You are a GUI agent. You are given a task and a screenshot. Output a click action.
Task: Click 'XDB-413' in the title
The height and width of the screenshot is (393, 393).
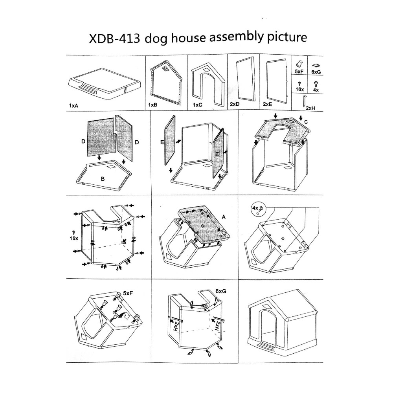tap(114, 39)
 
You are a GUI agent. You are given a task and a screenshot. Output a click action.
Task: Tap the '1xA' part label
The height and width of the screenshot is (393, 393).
tap(74, 106)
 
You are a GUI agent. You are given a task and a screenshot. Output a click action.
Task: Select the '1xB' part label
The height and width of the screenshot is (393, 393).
tap(152, 105)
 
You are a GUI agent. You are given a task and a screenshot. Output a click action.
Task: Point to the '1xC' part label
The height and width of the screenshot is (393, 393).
tap(198, 105)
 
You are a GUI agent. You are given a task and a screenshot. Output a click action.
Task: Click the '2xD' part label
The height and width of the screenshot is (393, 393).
tap(235, 104)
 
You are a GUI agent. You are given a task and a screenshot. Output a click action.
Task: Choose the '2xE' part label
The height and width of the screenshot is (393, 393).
tap(267, 104)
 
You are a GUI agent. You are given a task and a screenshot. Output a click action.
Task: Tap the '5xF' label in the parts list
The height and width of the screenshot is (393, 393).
tap(299, 72)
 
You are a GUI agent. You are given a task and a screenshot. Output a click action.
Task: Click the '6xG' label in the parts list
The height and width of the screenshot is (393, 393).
tap(316, 72)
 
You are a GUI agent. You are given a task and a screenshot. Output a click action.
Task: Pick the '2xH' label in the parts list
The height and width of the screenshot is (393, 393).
tap(310, 108)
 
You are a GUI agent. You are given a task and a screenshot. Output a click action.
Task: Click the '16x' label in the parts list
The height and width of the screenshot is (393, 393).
tap(299, 90)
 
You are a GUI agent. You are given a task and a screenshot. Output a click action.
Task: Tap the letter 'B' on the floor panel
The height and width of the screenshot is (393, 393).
tap(103, 179)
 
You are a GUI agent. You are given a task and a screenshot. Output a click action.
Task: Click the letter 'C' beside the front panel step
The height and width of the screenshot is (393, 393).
tap(306, 122)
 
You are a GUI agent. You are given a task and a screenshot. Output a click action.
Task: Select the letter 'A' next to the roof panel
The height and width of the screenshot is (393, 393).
tap(224, 217)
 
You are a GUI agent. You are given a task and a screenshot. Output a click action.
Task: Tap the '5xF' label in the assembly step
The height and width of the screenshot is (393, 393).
tap(128, 293)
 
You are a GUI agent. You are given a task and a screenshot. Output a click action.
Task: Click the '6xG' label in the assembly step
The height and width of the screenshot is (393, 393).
tap(220, 291)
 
